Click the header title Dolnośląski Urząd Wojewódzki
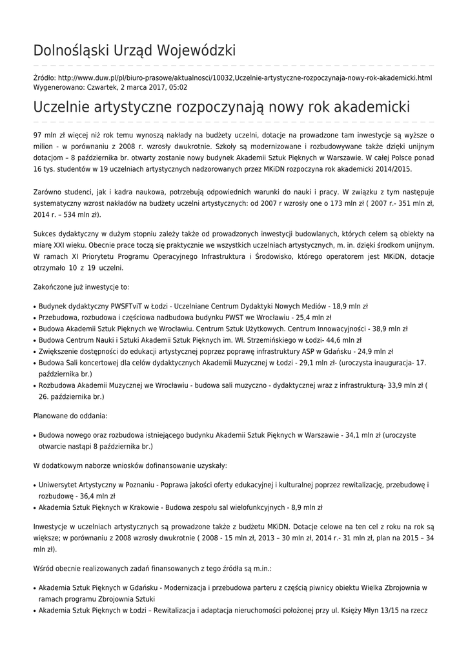pos(134,51)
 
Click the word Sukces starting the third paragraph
pos(45,234)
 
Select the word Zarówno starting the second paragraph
pos(48,192)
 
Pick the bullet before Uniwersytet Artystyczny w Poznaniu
pos(34,485)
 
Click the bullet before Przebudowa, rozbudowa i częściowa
pos(34,318)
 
